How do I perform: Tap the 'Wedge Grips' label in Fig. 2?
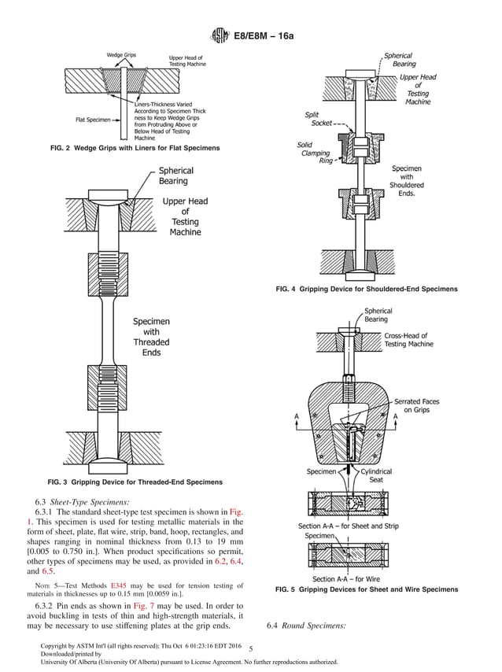coord(120,55)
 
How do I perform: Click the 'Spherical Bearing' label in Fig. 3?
coord(175,175)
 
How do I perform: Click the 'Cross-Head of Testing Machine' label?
coord(408,340)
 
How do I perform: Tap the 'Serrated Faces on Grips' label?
coord(416,405)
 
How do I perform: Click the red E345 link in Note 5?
coord(120,585)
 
